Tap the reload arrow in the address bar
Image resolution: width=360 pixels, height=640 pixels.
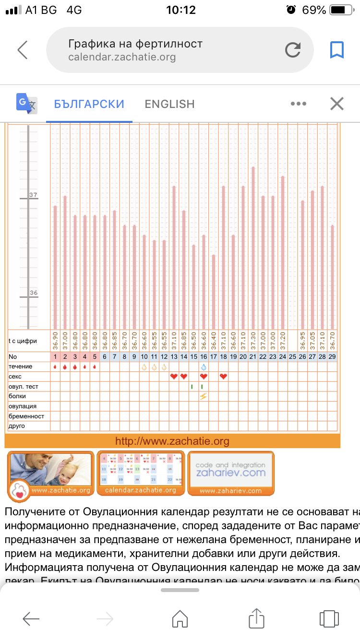click(x=292, y=50)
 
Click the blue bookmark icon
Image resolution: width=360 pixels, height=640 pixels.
click(x=337, y=50)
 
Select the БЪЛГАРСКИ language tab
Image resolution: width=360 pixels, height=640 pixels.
click(x=89, y=104)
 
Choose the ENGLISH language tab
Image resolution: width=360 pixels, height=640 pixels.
click(x=170, y=104)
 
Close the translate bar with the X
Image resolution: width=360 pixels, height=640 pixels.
click(x=337, y=104)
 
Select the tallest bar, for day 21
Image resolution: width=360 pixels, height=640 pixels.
click(x=253, y=247)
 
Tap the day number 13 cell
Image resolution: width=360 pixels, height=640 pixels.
click(x=174, y=356)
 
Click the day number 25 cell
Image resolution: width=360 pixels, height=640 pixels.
click(x=292, y=356)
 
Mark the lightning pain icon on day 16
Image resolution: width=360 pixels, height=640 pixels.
click(x=204, y=396)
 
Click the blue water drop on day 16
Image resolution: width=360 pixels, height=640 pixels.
click(x=204, y=367)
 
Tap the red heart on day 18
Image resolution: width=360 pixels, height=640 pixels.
click(x=223, y=377)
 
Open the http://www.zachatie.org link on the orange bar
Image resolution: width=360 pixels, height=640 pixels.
click(x=172, y=441)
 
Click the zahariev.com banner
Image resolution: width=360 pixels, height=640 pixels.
click(x=231, y=473)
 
